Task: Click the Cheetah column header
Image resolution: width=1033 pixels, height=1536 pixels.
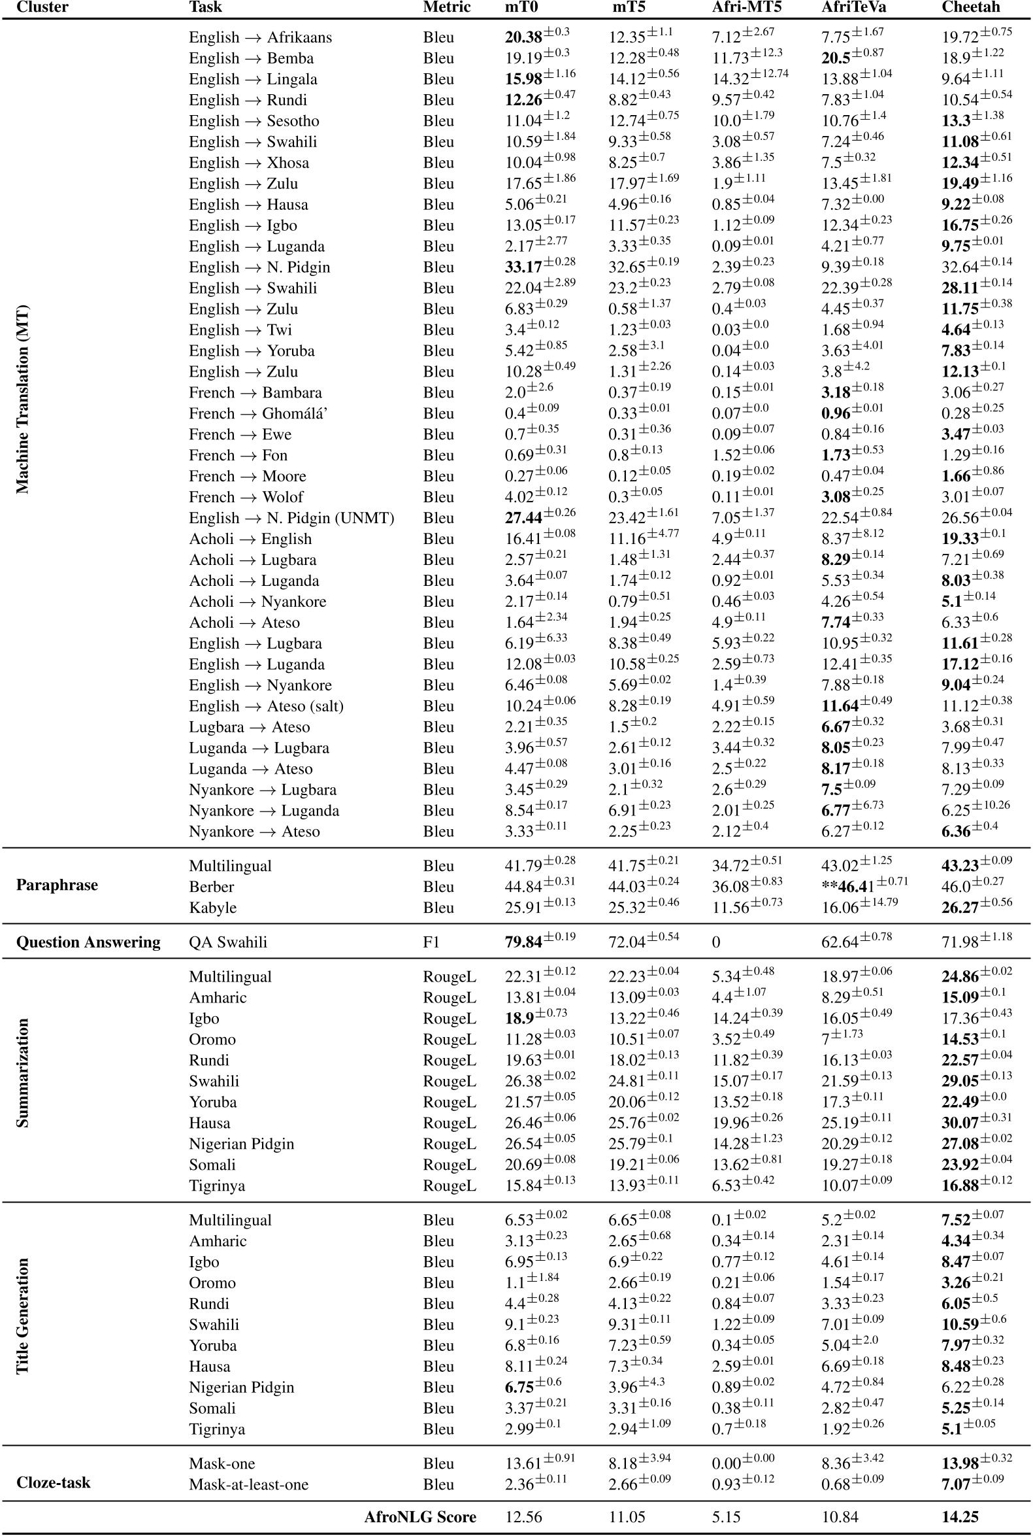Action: (x=970, y=7)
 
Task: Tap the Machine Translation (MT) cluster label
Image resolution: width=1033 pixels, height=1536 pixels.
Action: (x=22, y=399)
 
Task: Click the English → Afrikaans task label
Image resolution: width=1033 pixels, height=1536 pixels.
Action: (x=260, y=37)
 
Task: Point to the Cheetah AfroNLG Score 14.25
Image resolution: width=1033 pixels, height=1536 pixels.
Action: (x=960, y=1516)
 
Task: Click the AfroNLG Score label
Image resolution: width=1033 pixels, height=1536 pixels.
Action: (x=419, y=1516)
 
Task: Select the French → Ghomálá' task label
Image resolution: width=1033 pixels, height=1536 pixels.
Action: (x=257, y=413)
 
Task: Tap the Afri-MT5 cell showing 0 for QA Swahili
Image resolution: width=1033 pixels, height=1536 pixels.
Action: (x=716, y=942)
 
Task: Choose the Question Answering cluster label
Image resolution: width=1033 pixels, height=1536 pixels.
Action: (x=88, y=942)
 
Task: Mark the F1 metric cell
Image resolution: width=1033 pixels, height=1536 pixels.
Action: (x=431, y=942)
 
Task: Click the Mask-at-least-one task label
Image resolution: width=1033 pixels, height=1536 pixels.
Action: (x=248, y=1484)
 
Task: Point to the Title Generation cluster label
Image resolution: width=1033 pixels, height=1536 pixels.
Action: (x=22, y=1316)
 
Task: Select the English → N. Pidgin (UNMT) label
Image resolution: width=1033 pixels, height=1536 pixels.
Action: (x=291, y=518)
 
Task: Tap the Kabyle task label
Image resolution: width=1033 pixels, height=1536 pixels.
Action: (x=213, y=908)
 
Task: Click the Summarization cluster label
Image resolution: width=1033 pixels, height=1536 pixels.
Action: (x=22, y=1072)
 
